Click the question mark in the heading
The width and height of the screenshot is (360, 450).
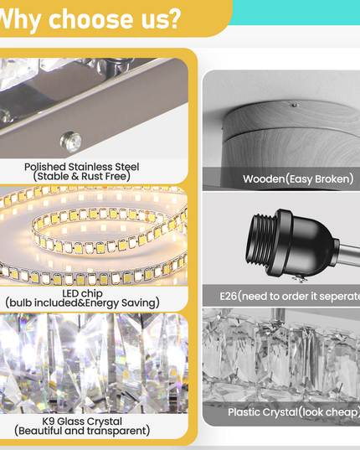[172, 19]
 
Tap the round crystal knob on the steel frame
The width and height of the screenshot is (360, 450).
[71, 142]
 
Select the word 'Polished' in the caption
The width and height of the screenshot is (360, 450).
[45, 167]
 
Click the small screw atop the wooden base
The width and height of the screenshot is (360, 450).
[295, 105]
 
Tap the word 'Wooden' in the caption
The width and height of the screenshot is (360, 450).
[264, 178]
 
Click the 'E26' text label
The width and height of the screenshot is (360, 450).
[229, 296]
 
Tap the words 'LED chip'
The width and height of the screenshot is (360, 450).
[82, 293]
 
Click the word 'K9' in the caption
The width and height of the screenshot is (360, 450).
[49, 422]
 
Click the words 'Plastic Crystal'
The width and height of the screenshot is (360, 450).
[263, 412]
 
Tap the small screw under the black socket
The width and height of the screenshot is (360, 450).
[300, 278]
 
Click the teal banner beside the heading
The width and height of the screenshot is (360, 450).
[296, 12]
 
